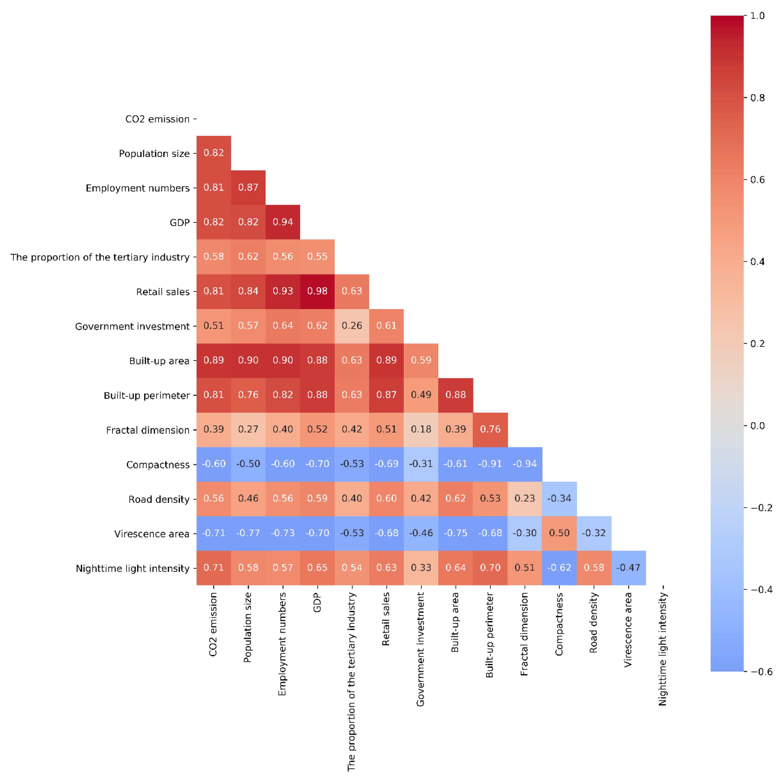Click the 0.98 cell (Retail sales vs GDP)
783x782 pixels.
[317, 291]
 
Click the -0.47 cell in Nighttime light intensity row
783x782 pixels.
[628, 567]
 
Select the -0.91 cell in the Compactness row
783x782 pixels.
[490, 464]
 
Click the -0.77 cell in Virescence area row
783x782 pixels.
[248, 533]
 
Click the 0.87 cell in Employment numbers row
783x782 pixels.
[248, 187]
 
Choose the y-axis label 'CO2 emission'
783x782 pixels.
[157, 119]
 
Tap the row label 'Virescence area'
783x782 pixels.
[152, 534]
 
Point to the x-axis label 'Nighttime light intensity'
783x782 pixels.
[662, 649]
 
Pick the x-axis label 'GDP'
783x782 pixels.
[317, 603]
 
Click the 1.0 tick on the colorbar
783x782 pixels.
[757, 16]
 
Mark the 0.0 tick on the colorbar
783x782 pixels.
[757, 426]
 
